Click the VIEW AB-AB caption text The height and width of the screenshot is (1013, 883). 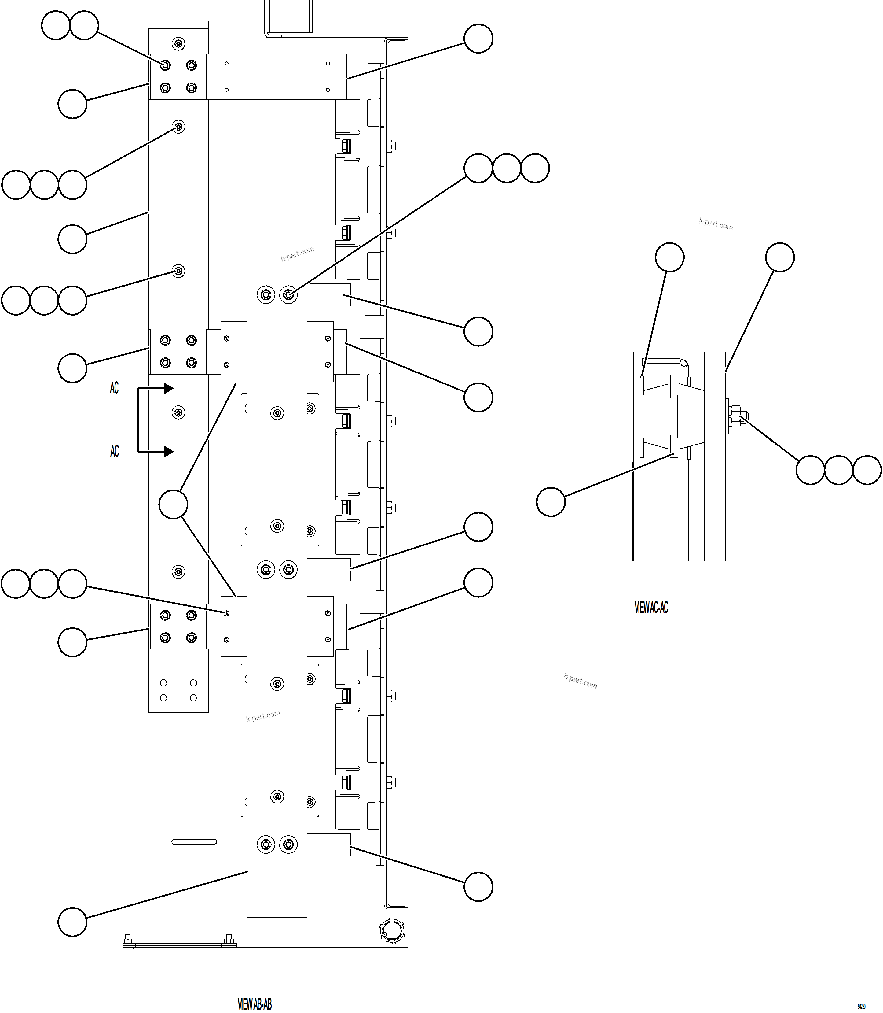(254, 1004)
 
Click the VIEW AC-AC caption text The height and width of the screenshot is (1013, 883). (651, 608)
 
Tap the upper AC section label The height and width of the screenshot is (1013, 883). (114, 388)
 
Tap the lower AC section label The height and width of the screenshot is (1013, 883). (114, 451)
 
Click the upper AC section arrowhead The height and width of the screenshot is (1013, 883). (169, 388)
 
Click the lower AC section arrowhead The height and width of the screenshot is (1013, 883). (169, 451)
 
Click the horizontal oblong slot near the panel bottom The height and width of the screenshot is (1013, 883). (194, 842)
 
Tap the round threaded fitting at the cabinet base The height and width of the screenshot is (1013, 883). (392, 931)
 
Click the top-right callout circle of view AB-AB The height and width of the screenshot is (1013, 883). (478, 39)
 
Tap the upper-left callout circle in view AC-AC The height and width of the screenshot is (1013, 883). (669, 257)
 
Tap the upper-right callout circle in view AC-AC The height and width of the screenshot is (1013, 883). (779, 257)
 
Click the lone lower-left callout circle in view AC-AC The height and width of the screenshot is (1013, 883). (550, 501)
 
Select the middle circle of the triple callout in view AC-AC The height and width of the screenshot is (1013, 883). (838, 470)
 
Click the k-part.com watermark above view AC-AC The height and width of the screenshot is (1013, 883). (716, 224)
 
